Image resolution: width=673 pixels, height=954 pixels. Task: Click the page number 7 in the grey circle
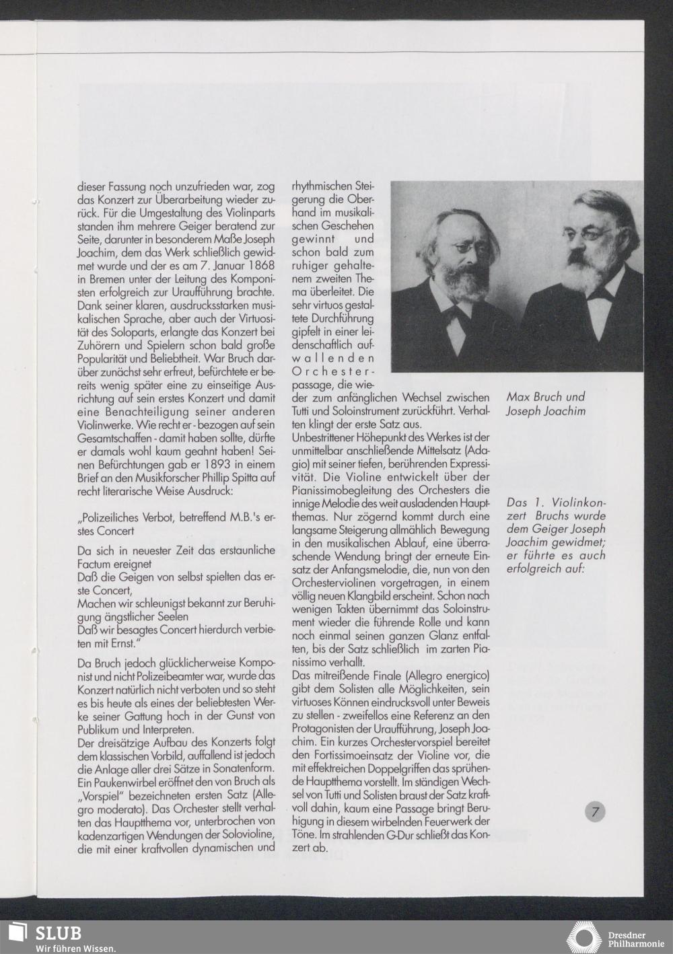(595, 812)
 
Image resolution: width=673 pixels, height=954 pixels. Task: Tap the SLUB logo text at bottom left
(58, 932)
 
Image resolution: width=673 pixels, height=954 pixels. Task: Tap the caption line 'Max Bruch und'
(546, 397)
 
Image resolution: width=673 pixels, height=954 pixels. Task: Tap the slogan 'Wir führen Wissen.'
(76, 948)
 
